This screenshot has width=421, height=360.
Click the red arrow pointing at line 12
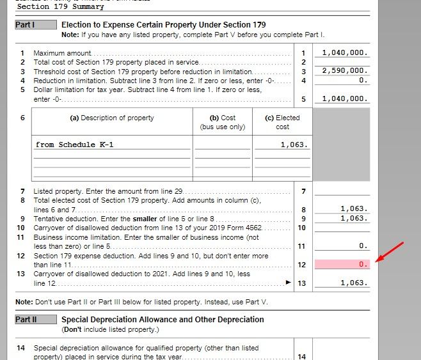[390, 251]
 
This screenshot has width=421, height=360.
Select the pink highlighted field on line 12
[342, 264]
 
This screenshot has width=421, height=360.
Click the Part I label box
[25, 25]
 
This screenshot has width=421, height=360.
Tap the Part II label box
[26, 319]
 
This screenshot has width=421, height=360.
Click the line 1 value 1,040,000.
[344, 52]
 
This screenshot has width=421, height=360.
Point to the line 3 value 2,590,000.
[344, 71]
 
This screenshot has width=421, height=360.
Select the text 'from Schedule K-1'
[74, 145]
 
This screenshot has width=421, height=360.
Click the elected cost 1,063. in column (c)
[294, 145]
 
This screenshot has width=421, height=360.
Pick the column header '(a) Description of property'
[112, 118]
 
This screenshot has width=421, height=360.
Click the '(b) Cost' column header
[223, 118]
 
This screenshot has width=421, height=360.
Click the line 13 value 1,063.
[353, 283]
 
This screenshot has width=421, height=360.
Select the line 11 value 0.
[363, 246]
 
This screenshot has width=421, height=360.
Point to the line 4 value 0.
[363, 81]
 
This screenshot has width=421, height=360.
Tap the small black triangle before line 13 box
[288, 282]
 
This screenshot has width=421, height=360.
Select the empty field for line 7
[342, 191]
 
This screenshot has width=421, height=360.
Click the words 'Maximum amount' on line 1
[62, 53]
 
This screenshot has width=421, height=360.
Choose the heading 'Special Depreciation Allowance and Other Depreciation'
[163, 319]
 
